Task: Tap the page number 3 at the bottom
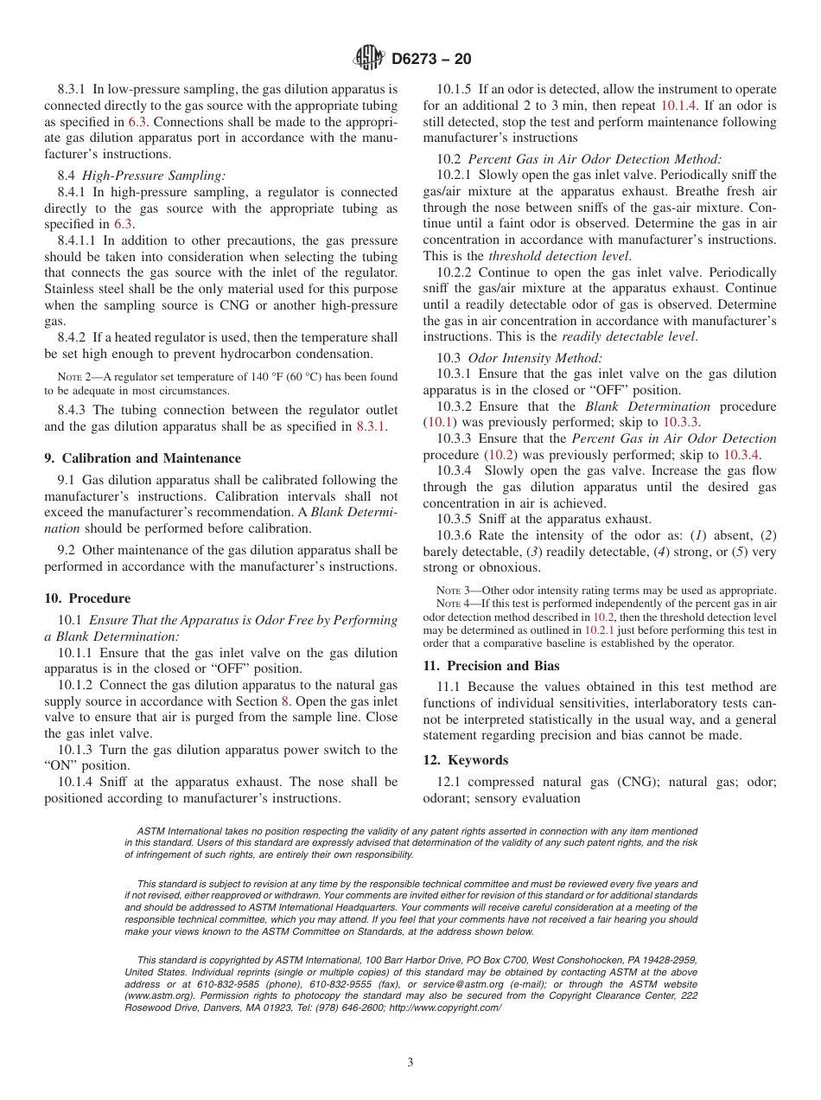410,1063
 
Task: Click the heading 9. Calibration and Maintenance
143,458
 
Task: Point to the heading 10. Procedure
87,598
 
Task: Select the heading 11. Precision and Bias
491,666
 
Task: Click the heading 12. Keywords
465,760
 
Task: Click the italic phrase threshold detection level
558,256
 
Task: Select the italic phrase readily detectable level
628,336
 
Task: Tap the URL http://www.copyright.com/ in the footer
445,1007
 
